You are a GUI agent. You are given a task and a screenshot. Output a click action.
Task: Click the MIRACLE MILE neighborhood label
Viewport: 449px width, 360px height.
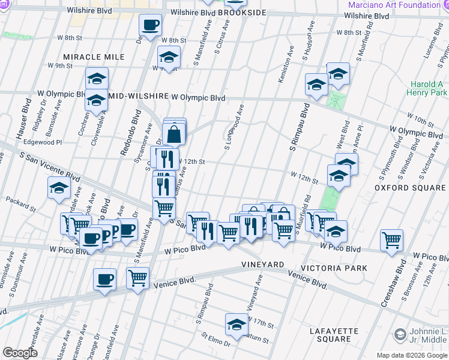point(94,57)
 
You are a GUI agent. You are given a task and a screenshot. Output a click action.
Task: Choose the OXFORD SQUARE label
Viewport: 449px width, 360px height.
point(411,188)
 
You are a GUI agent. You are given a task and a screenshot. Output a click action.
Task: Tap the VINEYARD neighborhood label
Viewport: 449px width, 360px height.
point(262,265)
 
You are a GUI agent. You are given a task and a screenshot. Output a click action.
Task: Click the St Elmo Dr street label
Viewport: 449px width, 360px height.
point(216,340)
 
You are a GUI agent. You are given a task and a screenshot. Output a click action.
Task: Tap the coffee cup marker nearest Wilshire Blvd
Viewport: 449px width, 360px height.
point(150,26)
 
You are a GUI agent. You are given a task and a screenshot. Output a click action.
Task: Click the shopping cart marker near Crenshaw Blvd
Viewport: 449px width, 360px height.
point(391,240)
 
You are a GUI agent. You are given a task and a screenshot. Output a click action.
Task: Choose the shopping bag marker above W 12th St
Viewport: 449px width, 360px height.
point(173,134)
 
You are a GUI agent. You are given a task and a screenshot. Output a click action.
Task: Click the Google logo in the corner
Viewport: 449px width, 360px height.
point(20,352)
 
